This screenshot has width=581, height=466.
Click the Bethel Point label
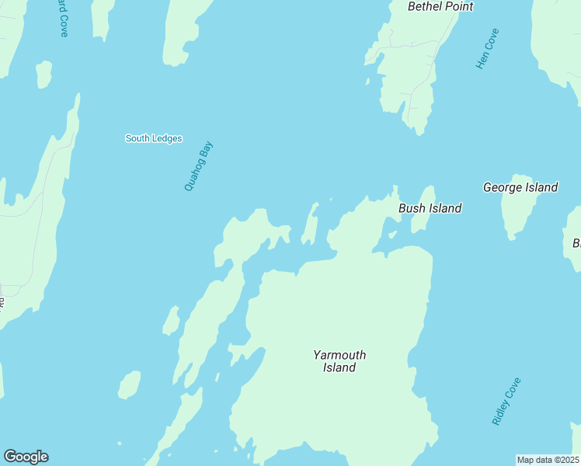(440, 6)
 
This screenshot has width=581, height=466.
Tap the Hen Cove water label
(488, 49)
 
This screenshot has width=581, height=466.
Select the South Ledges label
(154, 138)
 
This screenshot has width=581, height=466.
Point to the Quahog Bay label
(198, 166)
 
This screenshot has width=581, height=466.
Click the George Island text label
(520, 187)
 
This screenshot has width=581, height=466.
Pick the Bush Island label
(430, 208)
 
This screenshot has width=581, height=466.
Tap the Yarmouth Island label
(339, 361)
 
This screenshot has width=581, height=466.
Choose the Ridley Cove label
(506, 401)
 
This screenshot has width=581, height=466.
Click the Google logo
(26, 457)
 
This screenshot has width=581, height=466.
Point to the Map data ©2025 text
(548, 460)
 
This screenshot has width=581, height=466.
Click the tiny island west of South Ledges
(44, 74)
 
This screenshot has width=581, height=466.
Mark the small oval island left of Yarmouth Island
(129, 384)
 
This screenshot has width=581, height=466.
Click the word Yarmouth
(339, 355)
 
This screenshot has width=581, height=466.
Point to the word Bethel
(425, 6)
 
